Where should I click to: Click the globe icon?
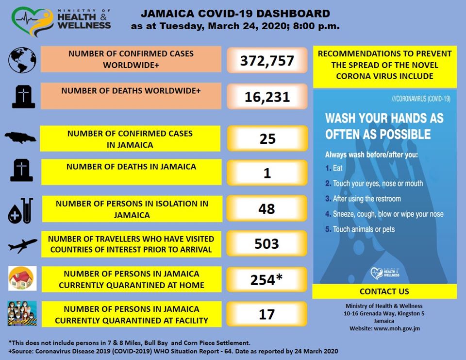22,60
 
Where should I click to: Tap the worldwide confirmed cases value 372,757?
267,61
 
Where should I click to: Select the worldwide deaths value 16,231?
267,97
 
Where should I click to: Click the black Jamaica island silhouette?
20,138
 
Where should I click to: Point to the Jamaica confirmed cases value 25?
267,139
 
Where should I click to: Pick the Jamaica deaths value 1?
267,173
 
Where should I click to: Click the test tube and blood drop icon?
20,211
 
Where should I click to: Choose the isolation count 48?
266,209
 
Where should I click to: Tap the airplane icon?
23,245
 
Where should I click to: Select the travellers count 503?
266,244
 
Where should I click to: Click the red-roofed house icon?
22,278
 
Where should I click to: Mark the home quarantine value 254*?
266,279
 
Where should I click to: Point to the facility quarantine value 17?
266,314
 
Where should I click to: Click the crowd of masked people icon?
22,313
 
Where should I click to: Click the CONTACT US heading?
384,291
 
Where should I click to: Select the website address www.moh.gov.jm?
397,328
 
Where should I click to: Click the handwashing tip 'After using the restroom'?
367,199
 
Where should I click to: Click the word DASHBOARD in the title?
293,14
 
